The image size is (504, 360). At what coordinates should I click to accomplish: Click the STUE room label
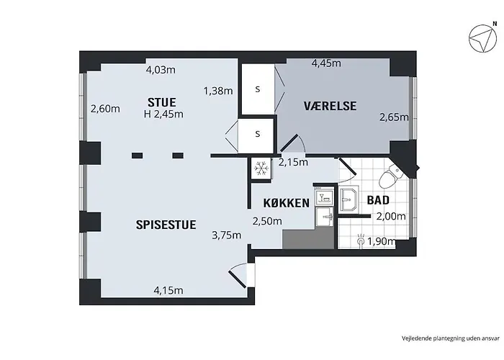(x=162, y=102)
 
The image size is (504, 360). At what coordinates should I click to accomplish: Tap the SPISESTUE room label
(x=166, y=225)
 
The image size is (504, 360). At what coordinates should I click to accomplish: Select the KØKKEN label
(x=287, y=203)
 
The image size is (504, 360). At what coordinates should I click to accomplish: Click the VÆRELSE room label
(x=330, y=106)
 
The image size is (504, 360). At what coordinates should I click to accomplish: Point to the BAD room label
(x=378, y=200)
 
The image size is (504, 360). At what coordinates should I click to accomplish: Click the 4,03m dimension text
(x=161, y=70)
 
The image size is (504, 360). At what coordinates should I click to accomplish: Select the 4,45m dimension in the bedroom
(x=326, y=63)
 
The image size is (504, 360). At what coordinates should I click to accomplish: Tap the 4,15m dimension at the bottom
(x=168, y=291)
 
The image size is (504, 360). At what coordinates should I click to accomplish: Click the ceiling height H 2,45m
(x=163, y=114)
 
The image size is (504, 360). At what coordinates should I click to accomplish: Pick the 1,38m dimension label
(x=218, y=91)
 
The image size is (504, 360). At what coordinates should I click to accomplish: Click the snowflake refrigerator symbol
(x=261, y=168)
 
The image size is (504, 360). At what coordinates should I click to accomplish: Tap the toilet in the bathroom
(x=390, y=176)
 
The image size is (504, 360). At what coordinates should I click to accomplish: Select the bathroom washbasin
(x=348, y=199)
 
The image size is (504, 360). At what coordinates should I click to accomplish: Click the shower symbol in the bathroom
(x=361, y=240)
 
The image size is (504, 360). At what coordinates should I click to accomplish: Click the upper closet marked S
(x=258, y=89)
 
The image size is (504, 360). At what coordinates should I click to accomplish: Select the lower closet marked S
(x=258, y=134)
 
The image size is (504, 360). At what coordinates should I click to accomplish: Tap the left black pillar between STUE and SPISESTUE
(x=138, y=156)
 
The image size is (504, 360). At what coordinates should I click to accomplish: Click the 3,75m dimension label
(x=227, y=235)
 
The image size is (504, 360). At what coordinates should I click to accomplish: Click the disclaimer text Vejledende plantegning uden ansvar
(x=451, y=338)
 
